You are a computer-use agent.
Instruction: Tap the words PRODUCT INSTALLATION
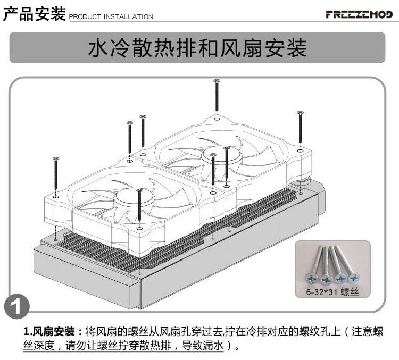pos(111,17)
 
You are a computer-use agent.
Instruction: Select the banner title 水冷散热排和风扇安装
pos(197,48)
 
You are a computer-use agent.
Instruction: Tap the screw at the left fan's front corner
pos(139,210)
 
